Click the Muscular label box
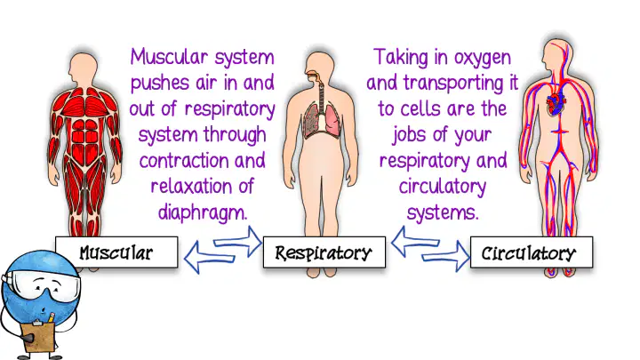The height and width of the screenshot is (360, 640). coord(116,252)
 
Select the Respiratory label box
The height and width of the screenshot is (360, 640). coord(324,252)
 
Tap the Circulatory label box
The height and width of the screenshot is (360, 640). coord(532,252)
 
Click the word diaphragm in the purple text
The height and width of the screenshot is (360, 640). coord(203,212)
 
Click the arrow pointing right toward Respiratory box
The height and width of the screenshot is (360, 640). coord(238,242)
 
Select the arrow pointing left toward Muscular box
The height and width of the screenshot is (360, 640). coord(210,257)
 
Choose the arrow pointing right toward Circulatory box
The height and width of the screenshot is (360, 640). coord(446,256)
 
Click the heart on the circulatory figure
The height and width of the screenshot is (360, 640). coord(556,104)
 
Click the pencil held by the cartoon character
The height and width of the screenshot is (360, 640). coord(51,318)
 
